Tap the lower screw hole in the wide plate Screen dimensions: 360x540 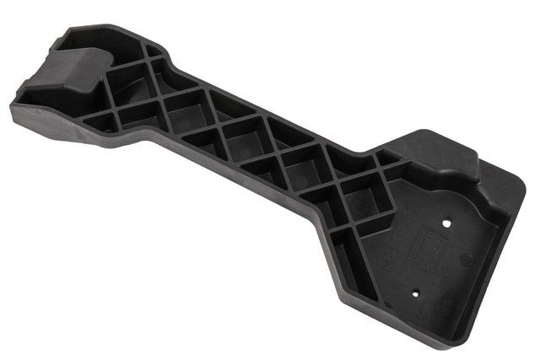pos(416,292)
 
